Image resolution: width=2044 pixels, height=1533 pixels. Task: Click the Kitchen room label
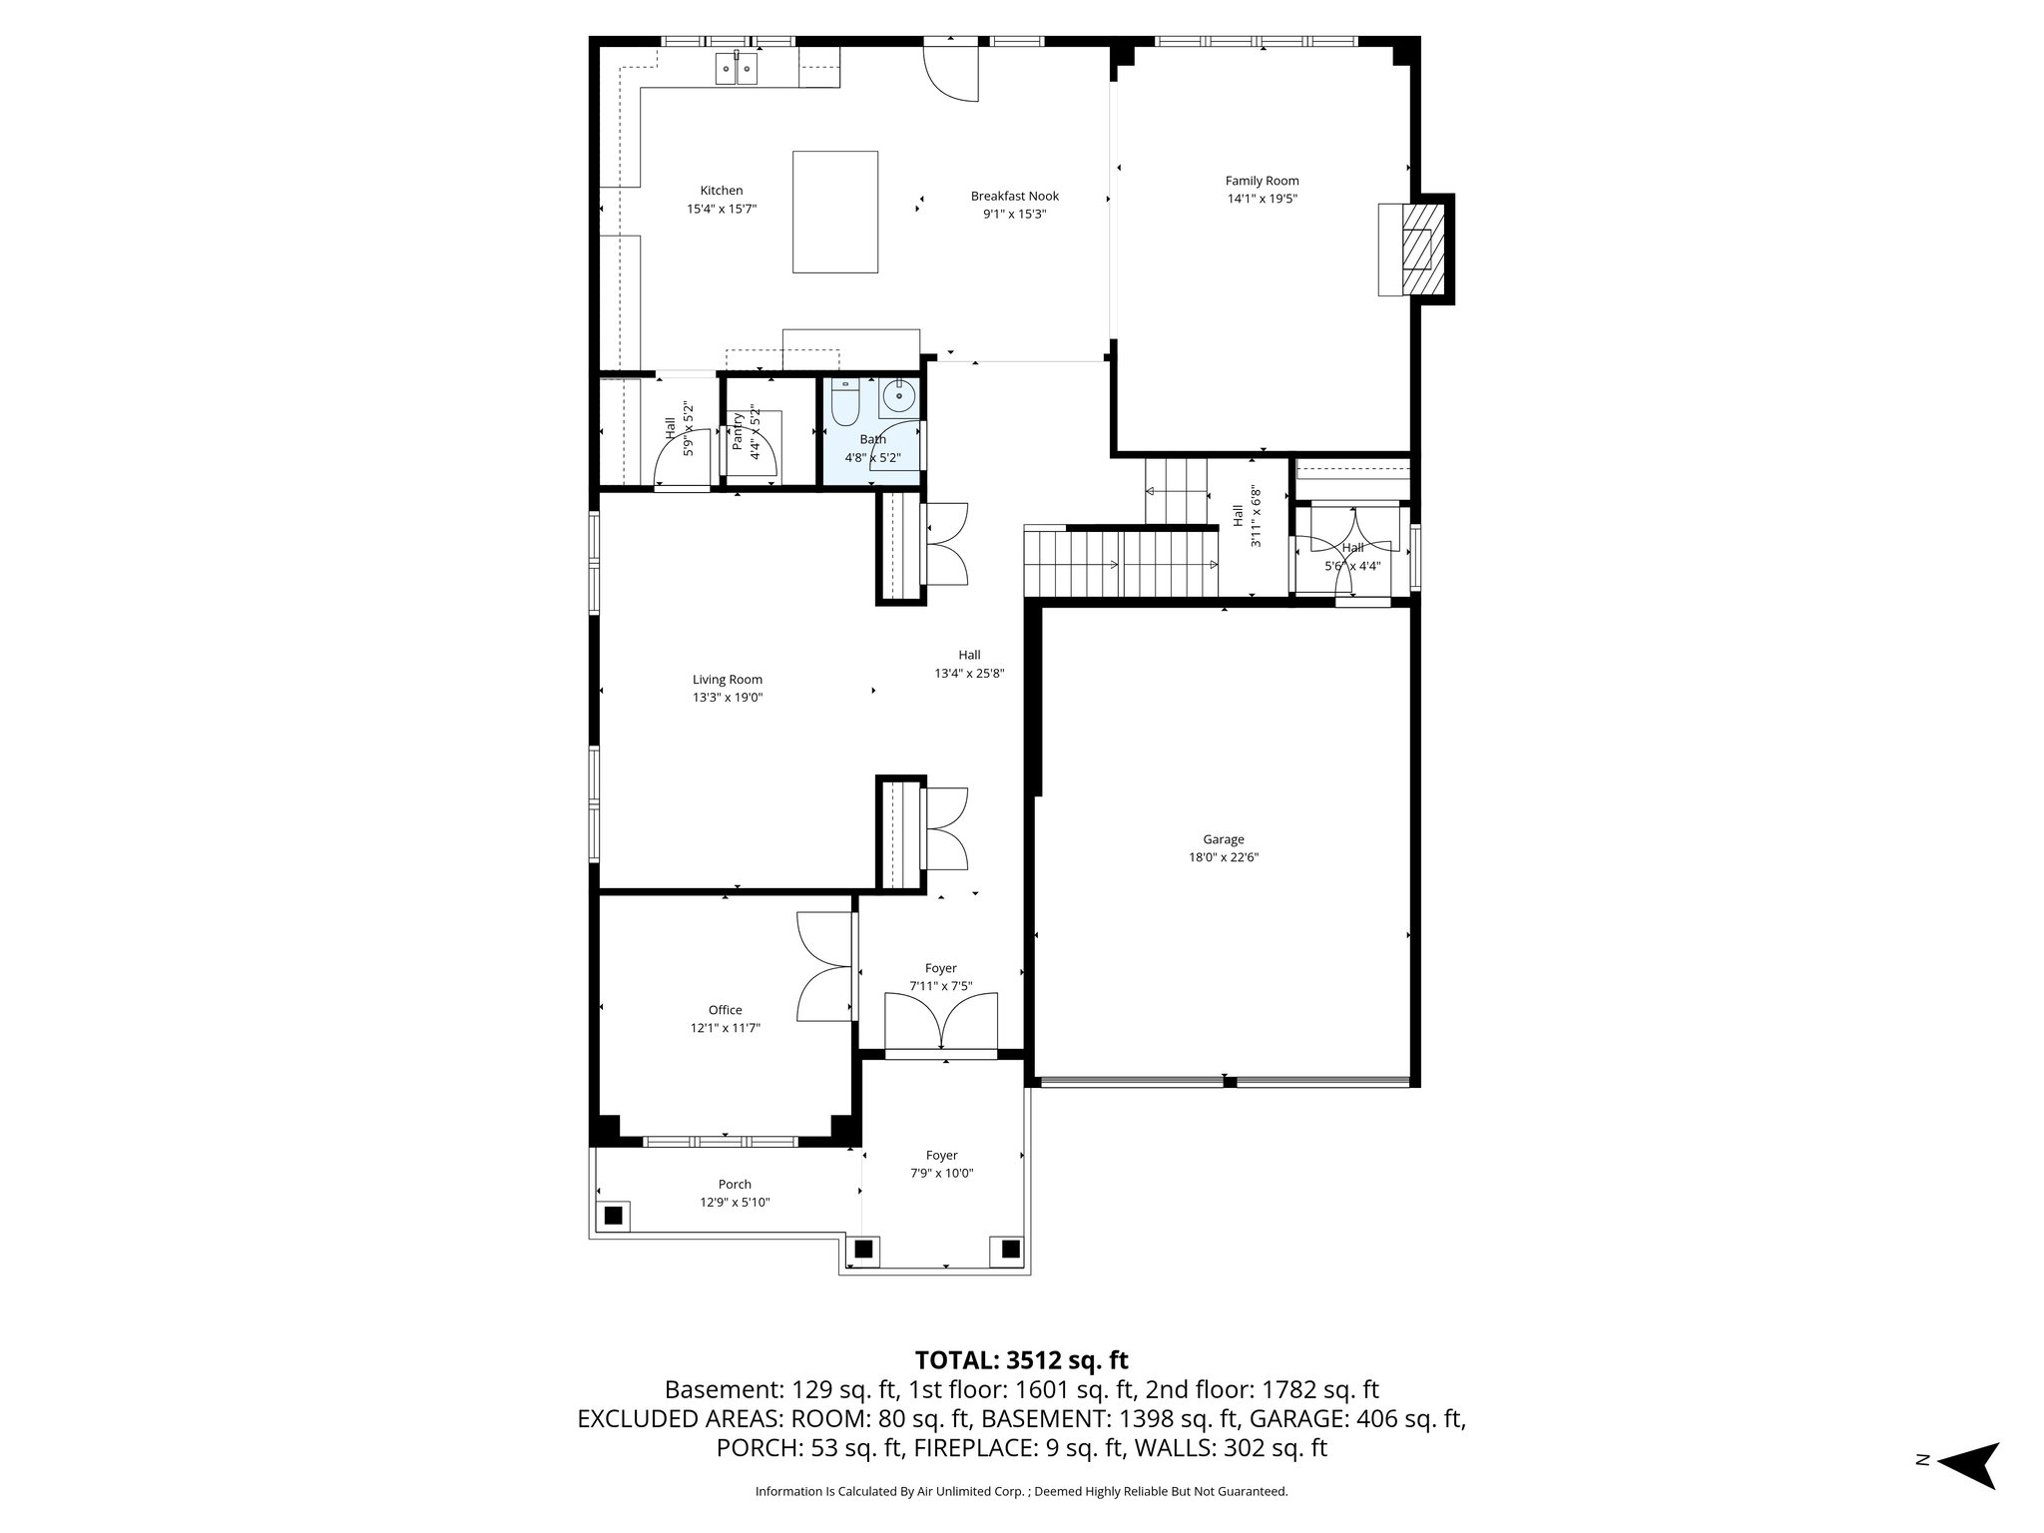point(721,191)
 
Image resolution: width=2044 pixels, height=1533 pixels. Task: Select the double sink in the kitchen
point(737,69)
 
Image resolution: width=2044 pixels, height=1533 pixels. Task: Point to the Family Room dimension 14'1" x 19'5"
point(1262,199)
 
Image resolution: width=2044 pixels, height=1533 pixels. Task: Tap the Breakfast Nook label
point(1014,197)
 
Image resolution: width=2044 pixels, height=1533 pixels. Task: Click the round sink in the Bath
point(899,397)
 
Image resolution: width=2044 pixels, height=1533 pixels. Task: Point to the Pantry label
point(738,431)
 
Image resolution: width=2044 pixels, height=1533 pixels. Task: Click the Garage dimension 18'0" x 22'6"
point(1223,856)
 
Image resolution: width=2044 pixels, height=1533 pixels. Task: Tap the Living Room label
point(728,680)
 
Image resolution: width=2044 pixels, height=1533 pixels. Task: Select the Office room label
point(725,1010)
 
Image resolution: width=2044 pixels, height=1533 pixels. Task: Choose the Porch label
point(735,1185)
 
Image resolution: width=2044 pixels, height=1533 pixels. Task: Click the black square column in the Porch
point(613,1215)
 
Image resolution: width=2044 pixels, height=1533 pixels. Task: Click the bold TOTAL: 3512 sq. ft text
point(1021,1359)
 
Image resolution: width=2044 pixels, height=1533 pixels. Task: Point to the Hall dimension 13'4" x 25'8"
point(968,674)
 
